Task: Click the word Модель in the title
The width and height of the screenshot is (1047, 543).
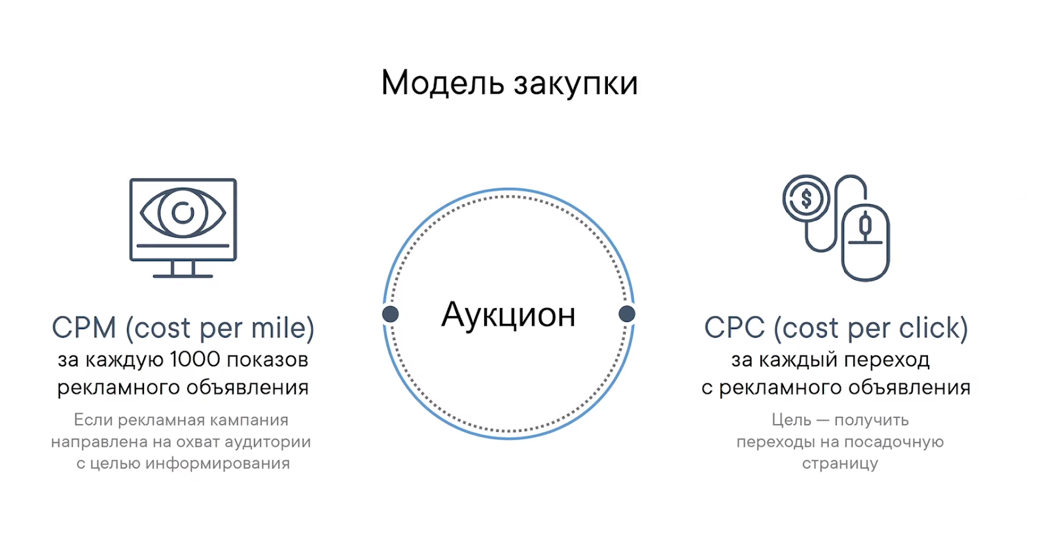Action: click(x=442, y=84)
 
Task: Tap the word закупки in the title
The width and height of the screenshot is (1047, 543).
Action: click(x=576, y=84)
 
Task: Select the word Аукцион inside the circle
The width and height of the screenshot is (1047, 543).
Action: click(x=508, y=315)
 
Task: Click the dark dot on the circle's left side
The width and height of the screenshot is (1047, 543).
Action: click(x=390, y=314)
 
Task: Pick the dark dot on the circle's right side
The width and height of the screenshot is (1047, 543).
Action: click(x=627, y=314)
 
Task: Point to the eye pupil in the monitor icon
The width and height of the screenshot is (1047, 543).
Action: click(x=183, y=213)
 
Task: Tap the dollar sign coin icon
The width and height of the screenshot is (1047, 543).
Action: click(x=806, y=198)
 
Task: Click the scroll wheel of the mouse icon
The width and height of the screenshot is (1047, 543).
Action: click(x=865, y=225)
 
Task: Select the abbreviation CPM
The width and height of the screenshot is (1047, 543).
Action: click(x=84, y=328)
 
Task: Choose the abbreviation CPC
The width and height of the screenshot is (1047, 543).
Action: click(x=735, y=328)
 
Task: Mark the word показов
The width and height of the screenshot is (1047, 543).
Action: click(x=268, y=360)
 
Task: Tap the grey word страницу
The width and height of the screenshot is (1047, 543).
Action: click(x=840, y=464)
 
